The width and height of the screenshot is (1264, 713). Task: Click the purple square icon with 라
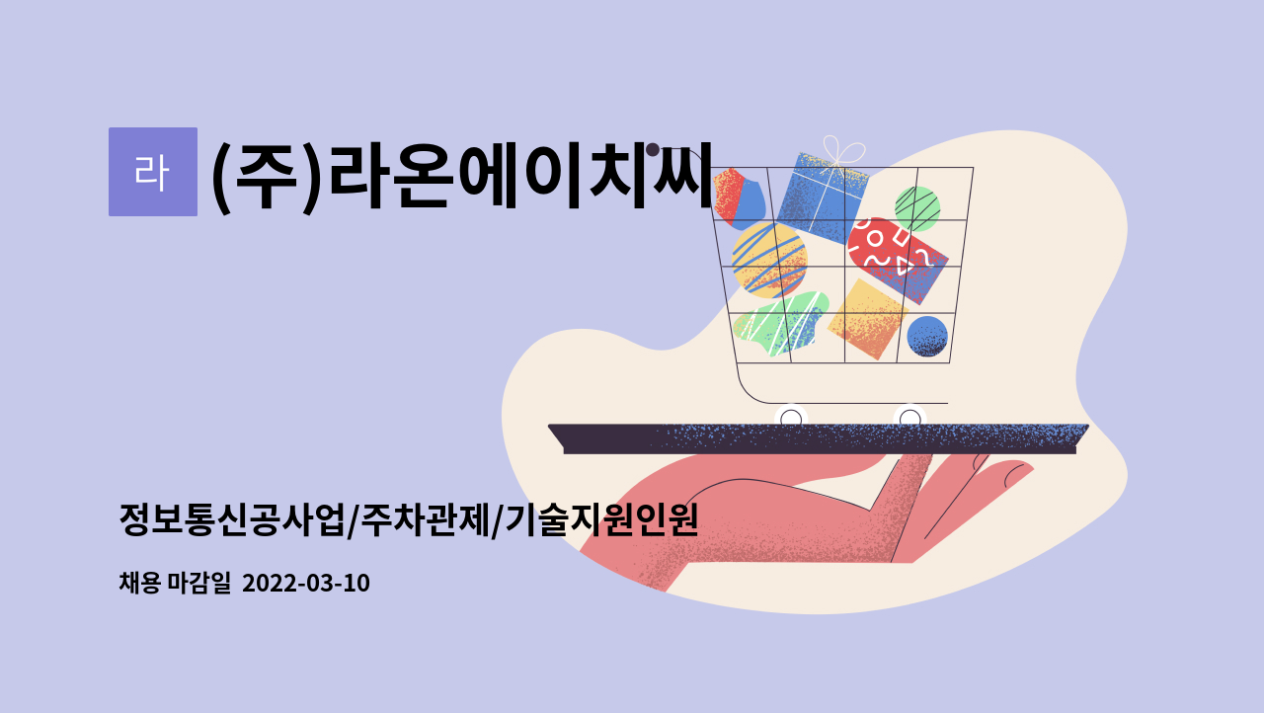point(152,172)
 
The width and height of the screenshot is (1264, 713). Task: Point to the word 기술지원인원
point(600,519)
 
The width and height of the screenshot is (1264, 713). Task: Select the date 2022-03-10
point(305,584)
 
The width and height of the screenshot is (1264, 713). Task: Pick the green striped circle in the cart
point(917,207)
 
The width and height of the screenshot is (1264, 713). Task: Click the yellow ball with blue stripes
point(769,259)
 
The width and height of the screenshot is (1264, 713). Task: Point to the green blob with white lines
point(780,323)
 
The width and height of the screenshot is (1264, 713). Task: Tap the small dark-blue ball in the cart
point(927,336)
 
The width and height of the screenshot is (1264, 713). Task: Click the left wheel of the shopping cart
point(791,418)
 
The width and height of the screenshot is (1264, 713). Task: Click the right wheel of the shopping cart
point(909,418)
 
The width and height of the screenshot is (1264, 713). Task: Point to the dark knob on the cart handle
point(653,150)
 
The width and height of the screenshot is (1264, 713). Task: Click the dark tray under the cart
point(819,437)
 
